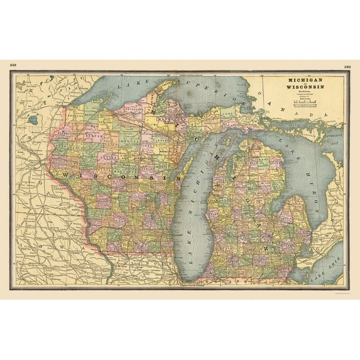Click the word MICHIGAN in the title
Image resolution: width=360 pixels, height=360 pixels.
tap(306, 81)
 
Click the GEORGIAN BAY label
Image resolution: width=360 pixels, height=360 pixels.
tap(335, 139)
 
